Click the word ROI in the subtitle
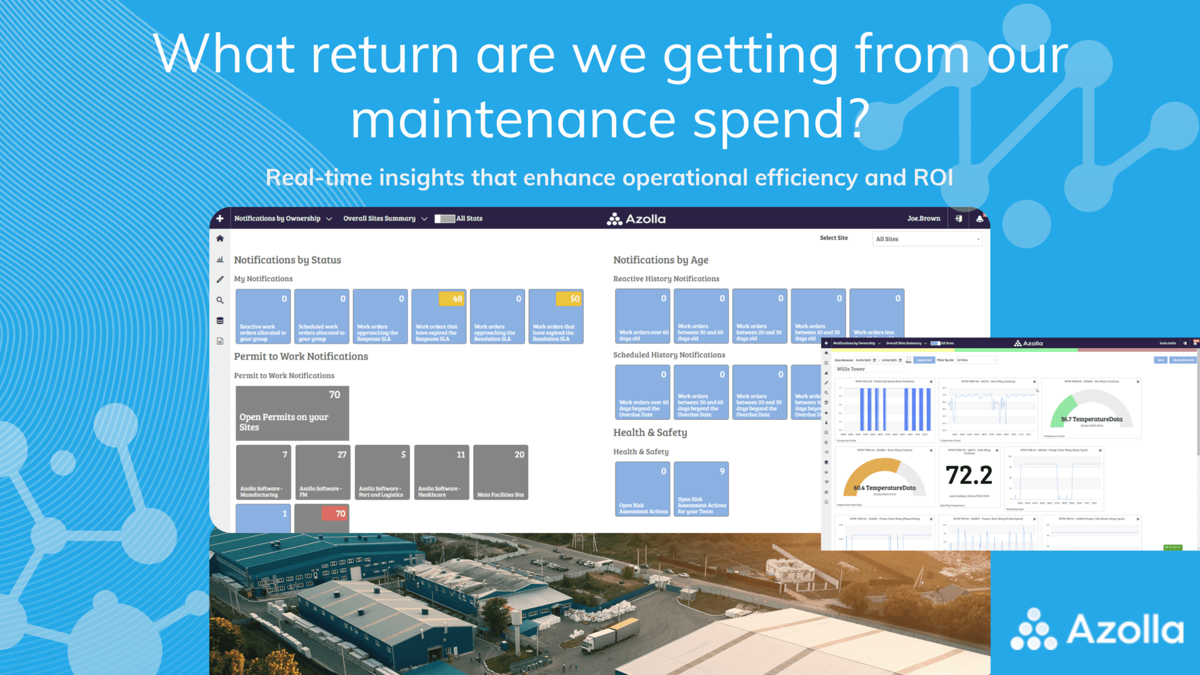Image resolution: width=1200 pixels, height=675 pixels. point(933,178)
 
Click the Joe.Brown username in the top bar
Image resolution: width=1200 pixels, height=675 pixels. point(923,219)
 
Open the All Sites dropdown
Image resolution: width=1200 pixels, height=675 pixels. point(927,239)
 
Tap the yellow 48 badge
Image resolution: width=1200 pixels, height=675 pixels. point(451,299)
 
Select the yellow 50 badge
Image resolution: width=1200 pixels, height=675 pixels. point(569,299)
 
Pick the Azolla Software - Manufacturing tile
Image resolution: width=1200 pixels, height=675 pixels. point(263,472)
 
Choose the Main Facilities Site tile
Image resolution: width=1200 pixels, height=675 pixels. point(501,472)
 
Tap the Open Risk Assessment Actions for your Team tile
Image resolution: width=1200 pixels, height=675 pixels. point(701,489)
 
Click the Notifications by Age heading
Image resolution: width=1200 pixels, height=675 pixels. point(661,260)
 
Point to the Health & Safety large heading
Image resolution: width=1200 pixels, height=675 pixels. point(650,432)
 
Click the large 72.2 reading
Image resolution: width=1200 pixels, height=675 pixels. point(969,475)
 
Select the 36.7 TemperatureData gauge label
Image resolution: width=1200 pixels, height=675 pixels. point(1091,419)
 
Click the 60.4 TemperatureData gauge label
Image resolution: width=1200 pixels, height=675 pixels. point(884,488)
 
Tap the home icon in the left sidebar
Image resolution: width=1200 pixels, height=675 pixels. point(220,239)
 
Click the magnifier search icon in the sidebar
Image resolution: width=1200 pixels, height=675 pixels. point(220,300)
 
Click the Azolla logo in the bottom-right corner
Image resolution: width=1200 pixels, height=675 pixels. point(1097,629)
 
